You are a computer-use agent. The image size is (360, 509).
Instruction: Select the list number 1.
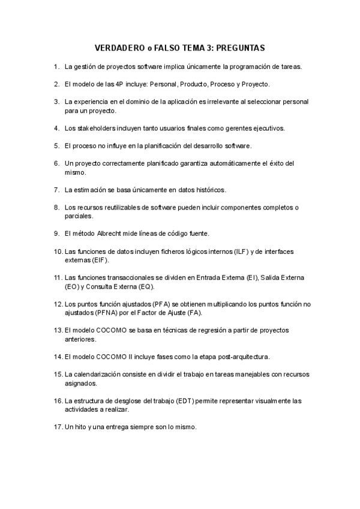coord(56,66)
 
